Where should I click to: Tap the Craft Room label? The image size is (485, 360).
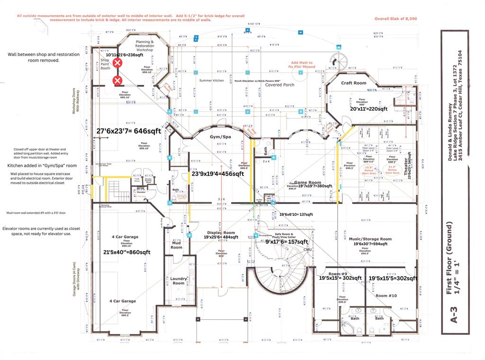[354, 83]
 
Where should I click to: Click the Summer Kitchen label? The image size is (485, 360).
[211, 81]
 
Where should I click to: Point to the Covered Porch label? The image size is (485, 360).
[279, 85]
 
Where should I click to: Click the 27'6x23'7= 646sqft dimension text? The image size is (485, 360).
[128, 131]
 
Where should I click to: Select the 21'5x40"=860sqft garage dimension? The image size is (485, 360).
[126, 252]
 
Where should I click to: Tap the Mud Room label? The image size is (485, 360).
[176, 245]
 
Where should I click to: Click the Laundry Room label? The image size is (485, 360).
[178, 281]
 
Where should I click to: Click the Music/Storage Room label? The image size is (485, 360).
[370, 239]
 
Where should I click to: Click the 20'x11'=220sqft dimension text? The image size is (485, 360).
[368, 108]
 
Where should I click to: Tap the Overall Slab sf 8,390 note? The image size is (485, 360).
[396, 18]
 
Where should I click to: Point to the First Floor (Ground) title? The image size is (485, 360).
[452, 258]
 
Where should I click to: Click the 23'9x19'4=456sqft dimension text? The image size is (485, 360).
[217, 174]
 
